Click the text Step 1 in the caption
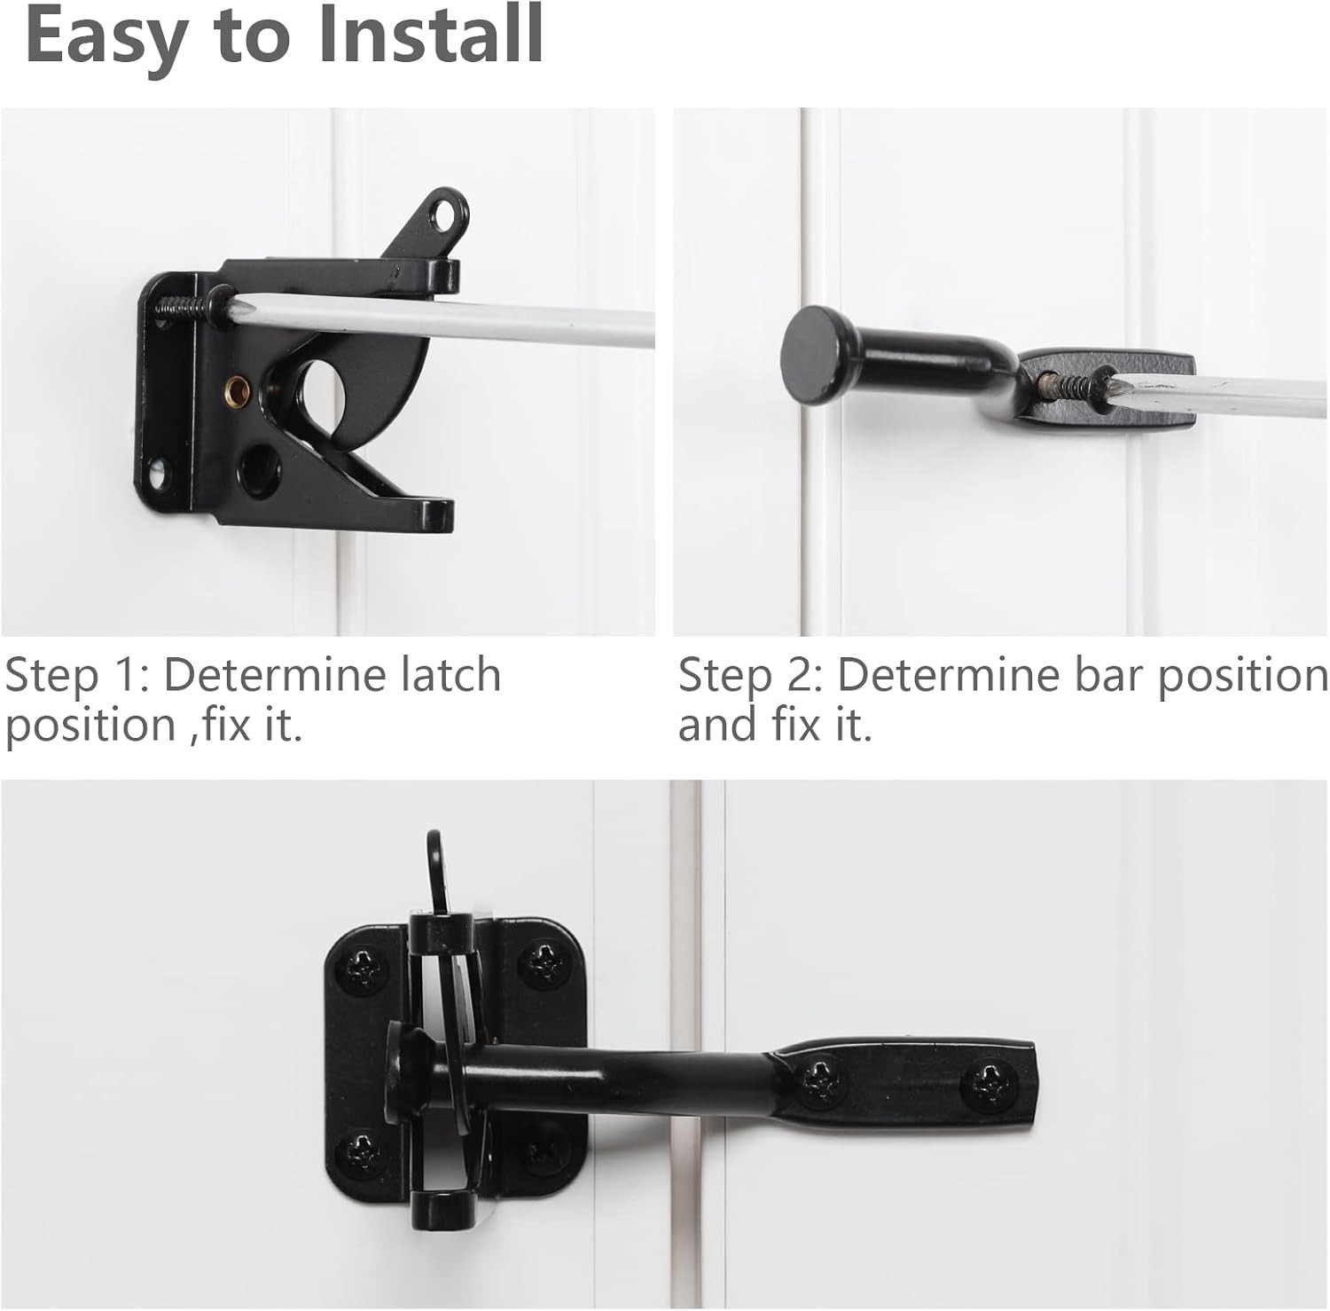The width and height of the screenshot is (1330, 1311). pos(76,677)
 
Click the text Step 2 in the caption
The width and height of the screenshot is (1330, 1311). pos(750,677)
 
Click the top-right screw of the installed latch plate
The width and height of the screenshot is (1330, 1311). pos(543,962)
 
